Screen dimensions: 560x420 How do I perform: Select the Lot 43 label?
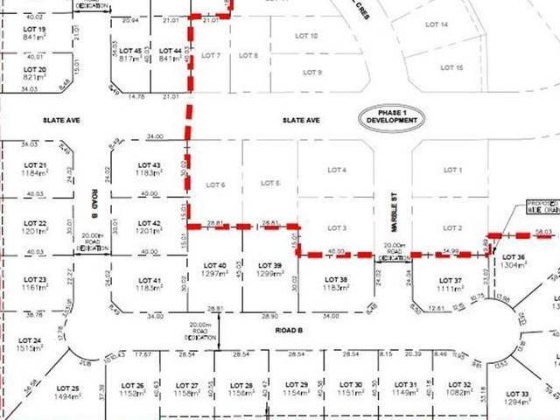[x=150, y=164]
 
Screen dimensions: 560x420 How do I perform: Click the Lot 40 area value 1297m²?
[x=215, y=273]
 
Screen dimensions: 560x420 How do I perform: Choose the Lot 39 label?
[x=270, y=264]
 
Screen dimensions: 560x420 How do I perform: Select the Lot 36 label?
[x=514, y=257]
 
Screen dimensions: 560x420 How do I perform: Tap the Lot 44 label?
[x=170, y=52]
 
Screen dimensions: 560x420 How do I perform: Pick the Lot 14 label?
[x=438, y=25]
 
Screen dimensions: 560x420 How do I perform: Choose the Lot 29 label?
[x=297, y=385]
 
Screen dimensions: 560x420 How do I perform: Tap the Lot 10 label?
[x=307, y=36]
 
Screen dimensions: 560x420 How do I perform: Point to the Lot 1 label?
[x=452, y=170]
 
